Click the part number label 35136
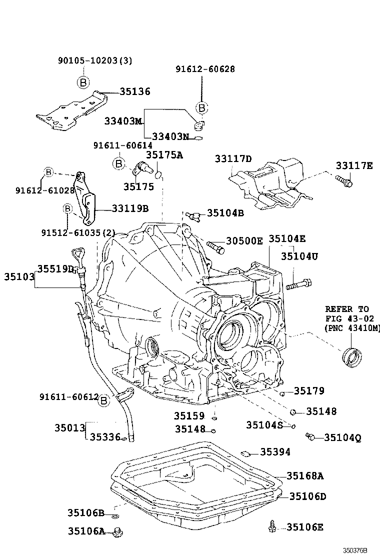click(x=135, y=92)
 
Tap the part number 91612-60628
click(x=205, y=69)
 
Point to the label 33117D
click(x=233, y=159)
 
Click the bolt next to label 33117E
click(x=344, y=181)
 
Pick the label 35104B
click(x=225, y=213)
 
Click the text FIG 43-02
click(x=346, y=318)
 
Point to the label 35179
click(x=308, y=391)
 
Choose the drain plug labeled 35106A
click(x=118, y=532)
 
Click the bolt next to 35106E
click(x=271, y=526)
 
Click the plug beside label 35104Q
click(x=310, y=437)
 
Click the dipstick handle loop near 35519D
click(x=77, y=254)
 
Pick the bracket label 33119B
click(x=130, y=207)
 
